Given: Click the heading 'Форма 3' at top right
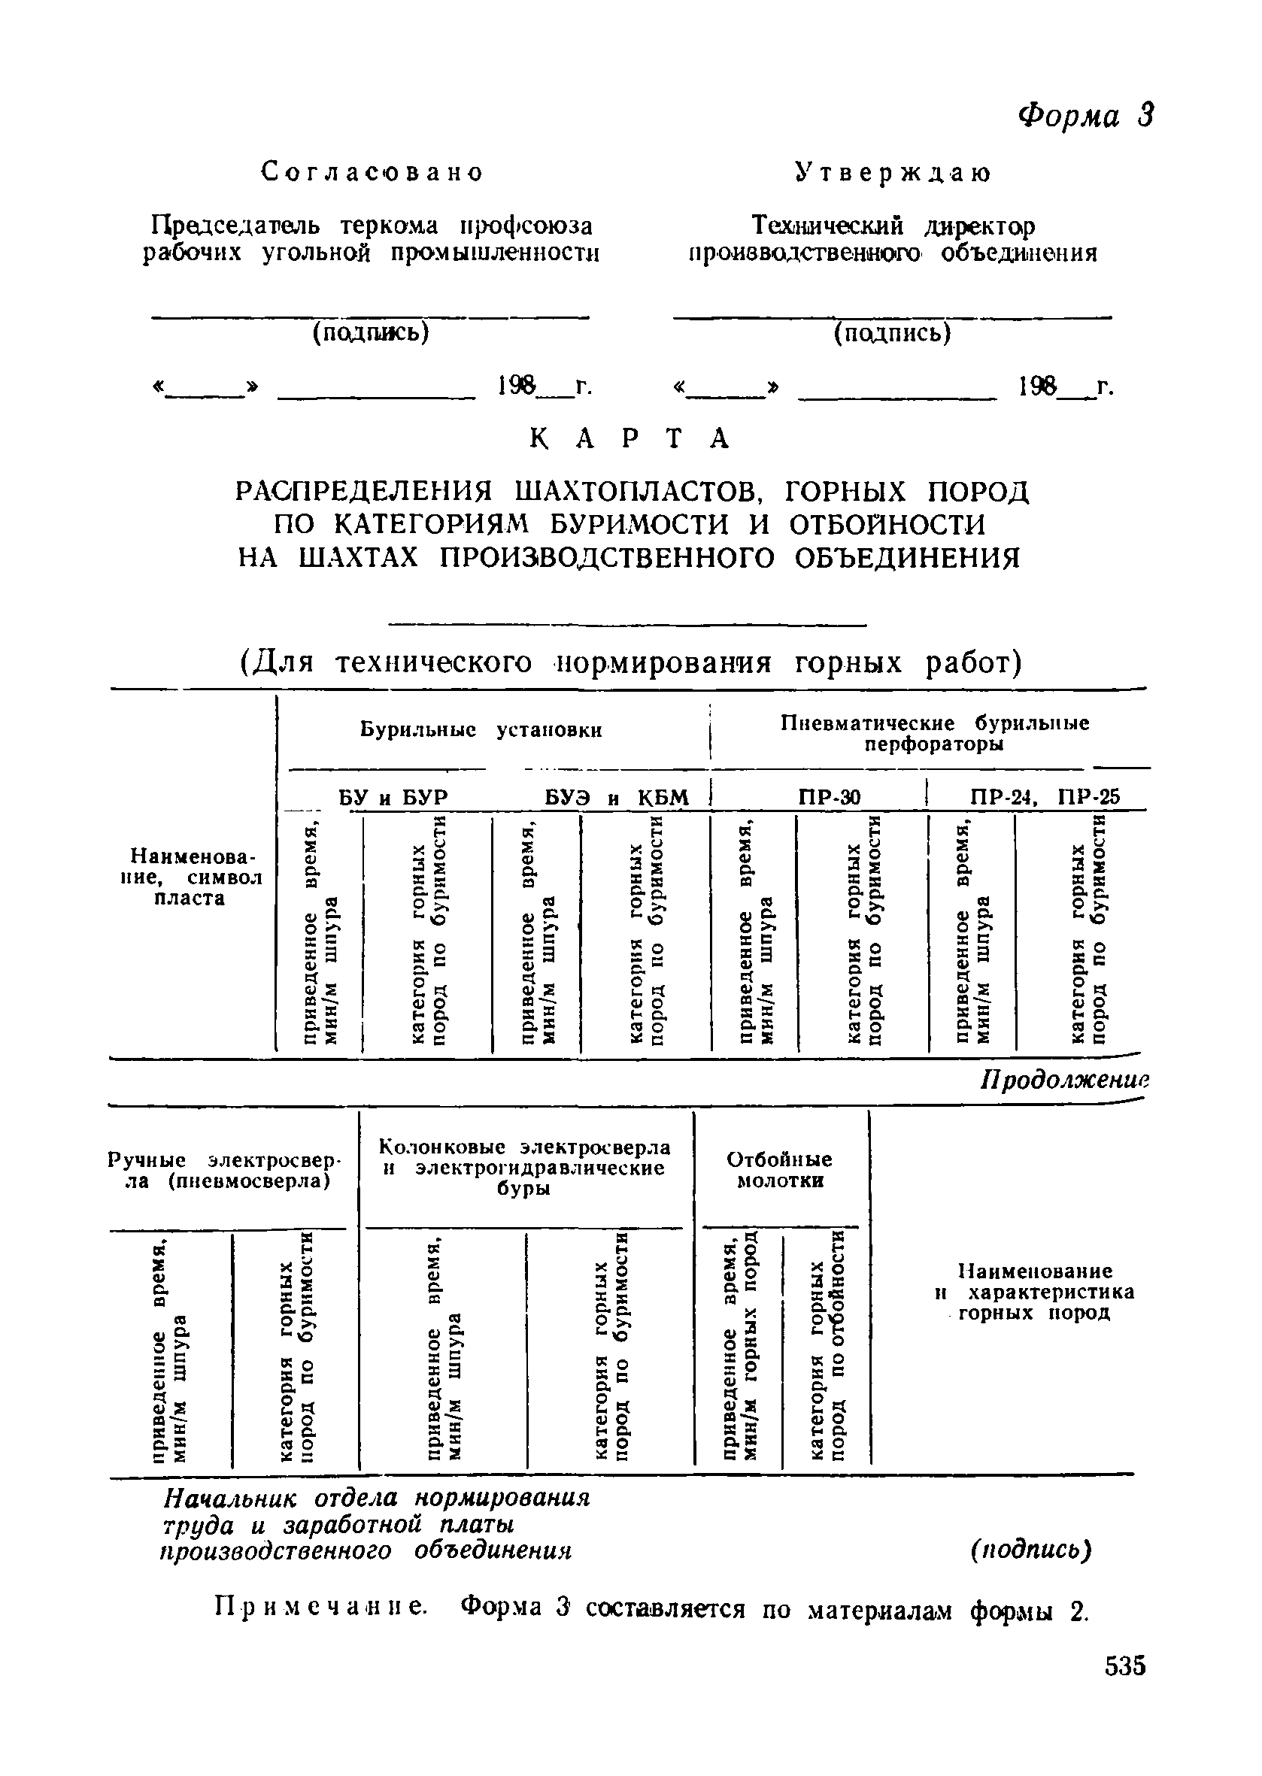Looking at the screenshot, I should pyautogui.click(x=1085, y=115).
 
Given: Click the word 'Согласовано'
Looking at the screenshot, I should pyautogui.click(x=372, y=171).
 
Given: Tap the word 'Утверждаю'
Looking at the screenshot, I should pyautogui.click(x=893, y=173).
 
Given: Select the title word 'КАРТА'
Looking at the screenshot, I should pyautogui.click(x=630, y=439).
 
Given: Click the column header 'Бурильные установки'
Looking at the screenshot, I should pyautogui.click(x=481, y=730).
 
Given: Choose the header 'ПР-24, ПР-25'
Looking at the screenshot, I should pyautogui.click(x=1045, y=797).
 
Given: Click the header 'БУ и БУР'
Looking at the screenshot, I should pyautogui.click(x=394, y=798).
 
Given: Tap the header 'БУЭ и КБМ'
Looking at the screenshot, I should pyautogui.click(x=615, y=798).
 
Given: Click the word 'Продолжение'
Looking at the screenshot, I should pyautogui.click(x=1064, y=1080).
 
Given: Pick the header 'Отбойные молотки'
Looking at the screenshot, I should pyautogui.click(x=779, y=1170).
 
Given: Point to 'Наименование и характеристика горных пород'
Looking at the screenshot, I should pyautogui.click(x=1034, y=1292).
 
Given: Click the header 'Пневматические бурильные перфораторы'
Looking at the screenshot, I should pyautogui.click(x=935, y=733).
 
